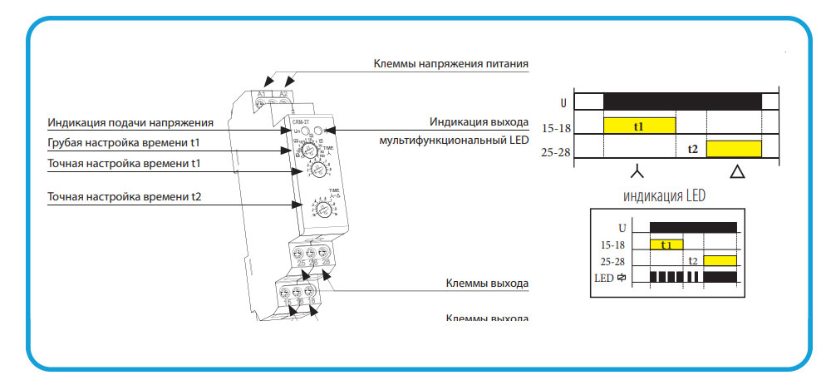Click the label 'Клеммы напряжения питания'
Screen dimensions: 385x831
tap(450, 63)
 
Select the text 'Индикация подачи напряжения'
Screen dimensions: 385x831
tap(130, 123)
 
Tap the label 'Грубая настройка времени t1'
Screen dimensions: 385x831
tap(124, 143)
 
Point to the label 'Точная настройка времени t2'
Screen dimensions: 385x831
tap(125, 198)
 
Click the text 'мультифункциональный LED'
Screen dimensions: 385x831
tap(453, 141)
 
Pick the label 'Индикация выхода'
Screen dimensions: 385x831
tap(479, 122)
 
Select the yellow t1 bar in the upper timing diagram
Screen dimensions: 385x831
tap(639, 126)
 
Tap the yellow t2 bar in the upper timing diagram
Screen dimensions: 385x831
tap(734, 149)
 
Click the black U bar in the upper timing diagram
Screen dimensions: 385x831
tap(682, 101)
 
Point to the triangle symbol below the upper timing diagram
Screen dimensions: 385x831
tap(737, 173)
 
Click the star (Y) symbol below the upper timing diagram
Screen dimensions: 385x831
tap(637, 173)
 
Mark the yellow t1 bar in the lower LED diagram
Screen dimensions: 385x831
tap(666, 244)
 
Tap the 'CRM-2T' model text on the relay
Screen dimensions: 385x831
tap(300, 121)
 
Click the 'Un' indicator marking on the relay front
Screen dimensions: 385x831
tap(297, 131)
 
